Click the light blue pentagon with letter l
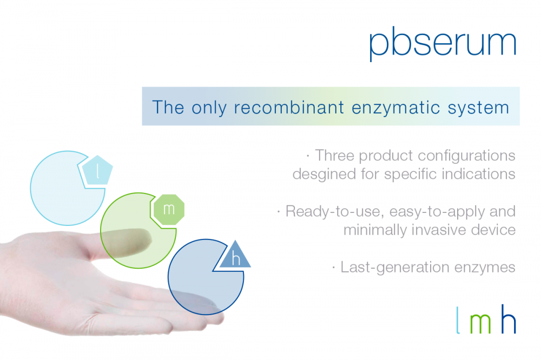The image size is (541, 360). point(97,171)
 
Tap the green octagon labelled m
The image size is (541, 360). point(169,210)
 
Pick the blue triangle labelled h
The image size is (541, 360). point(236,256)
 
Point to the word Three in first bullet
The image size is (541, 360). point(335,156)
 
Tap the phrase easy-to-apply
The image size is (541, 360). point(437,212)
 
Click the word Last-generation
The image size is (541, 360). point(395,268)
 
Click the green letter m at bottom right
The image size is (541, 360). point(480,323)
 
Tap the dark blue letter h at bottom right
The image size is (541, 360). point(509,319)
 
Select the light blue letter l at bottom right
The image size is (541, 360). point(458,320)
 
